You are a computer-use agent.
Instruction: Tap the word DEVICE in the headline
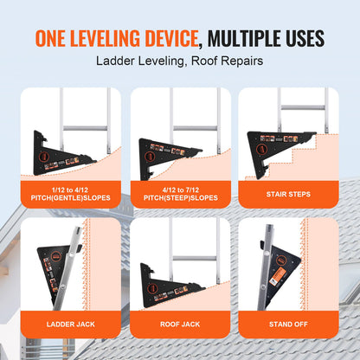coord(170,38)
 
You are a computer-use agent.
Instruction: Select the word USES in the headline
coord(297,38)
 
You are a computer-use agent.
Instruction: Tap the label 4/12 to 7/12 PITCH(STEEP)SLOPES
coord(180,193)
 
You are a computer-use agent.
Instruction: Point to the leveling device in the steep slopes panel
coord(170,152)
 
